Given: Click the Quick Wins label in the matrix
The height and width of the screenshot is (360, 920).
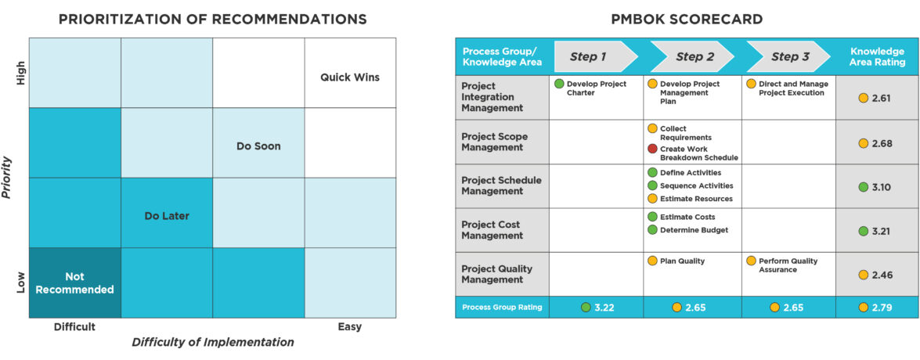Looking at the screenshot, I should click(350, 77).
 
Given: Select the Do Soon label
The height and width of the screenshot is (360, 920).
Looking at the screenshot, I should click(258, 146).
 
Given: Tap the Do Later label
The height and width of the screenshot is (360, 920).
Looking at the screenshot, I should click(167, 215).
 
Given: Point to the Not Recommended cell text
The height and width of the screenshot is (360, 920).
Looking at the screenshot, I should click(75, 283).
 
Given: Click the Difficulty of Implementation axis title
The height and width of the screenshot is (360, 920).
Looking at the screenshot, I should click(213, 342).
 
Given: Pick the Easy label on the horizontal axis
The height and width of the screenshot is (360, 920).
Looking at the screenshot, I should click(349, 326).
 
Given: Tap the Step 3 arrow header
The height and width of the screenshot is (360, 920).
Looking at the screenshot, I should click(790, 56).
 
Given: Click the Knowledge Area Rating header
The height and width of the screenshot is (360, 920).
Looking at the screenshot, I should click(877, 56).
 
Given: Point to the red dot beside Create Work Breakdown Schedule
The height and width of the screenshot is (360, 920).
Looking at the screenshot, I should click(652, 149).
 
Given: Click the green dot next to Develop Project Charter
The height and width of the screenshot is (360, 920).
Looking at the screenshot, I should click(559, 84).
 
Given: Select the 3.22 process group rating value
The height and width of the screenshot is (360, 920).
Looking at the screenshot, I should click(603, 308).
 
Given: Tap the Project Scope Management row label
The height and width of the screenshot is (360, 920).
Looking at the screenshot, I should click(494, 142).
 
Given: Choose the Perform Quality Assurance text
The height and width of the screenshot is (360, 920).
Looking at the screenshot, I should click(790, 265).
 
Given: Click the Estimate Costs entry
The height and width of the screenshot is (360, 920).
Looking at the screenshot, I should click(687, 217).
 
